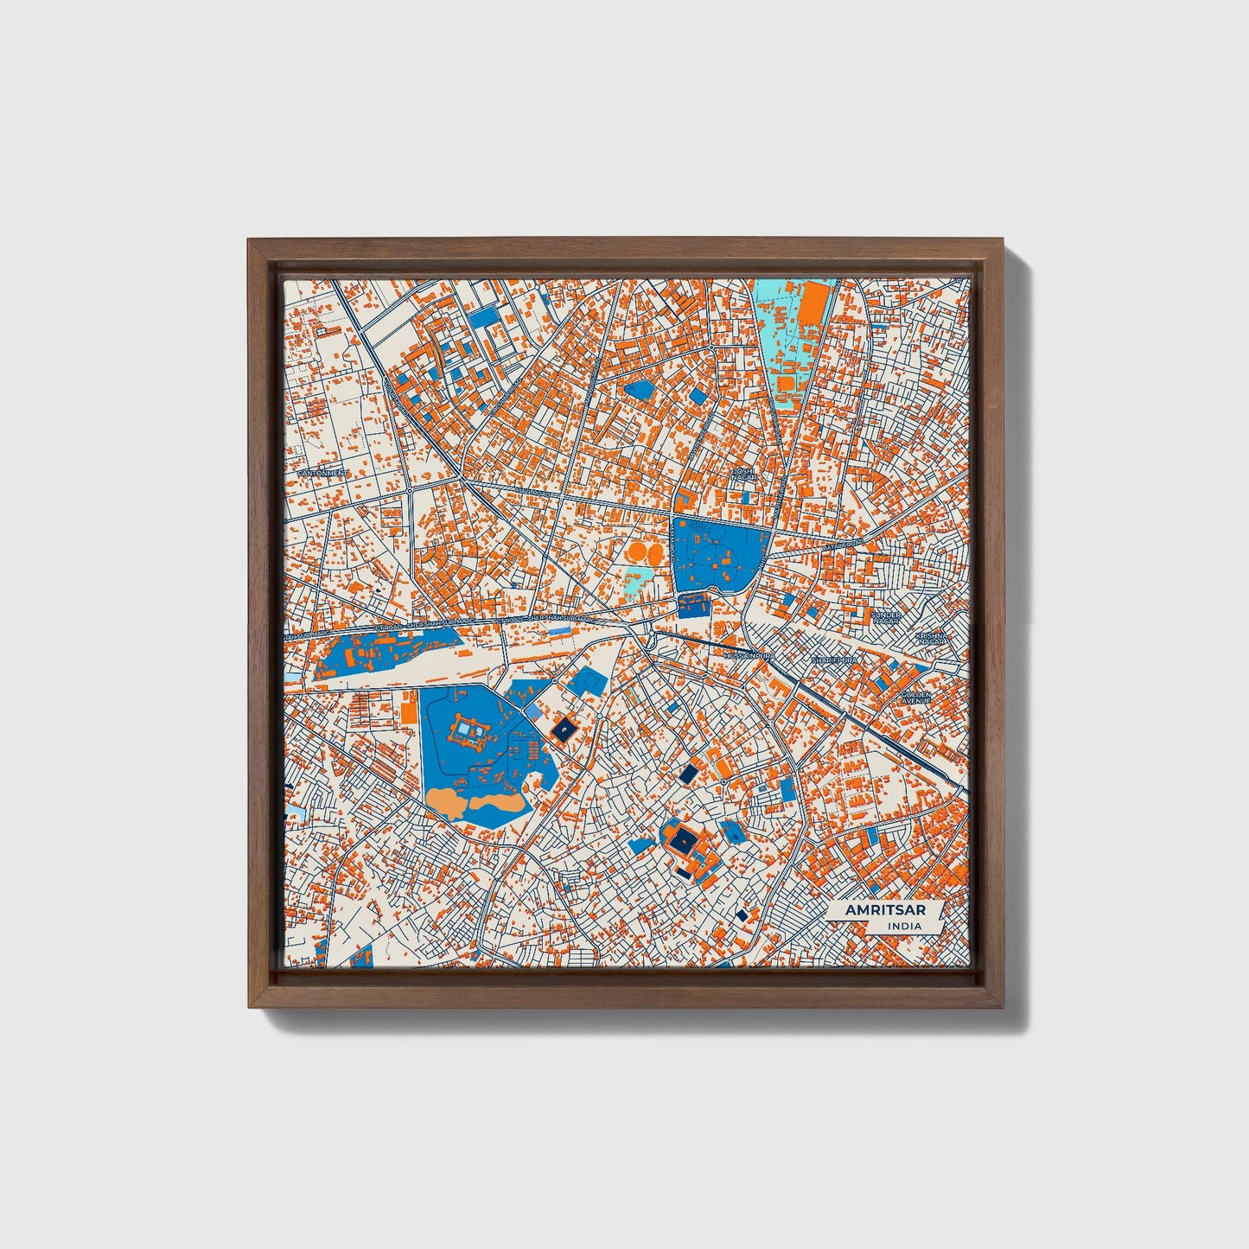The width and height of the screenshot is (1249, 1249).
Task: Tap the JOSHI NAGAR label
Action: tap(743, 473)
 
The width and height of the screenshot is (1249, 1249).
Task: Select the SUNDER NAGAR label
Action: tap(886, 619)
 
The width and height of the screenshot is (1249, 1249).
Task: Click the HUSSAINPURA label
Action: tap(745, 658)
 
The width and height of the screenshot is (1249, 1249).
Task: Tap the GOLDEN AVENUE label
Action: tap(914, 697)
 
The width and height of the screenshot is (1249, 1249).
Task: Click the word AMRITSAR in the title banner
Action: tap(874, 910)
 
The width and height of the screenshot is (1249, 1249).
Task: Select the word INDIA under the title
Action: tap(904, 927)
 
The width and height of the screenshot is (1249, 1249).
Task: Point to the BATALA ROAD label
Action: tap(842, 544)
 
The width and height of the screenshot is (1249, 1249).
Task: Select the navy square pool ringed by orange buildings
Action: tap(682, 839)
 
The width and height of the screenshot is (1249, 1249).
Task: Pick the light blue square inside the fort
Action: tap(466, 732)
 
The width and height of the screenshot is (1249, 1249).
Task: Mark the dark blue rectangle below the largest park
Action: tap(693, 604)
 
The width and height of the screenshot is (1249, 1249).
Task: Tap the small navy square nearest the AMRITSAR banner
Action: tap(742, 914)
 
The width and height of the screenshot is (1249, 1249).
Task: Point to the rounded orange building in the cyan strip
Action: tap(787, 382)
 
